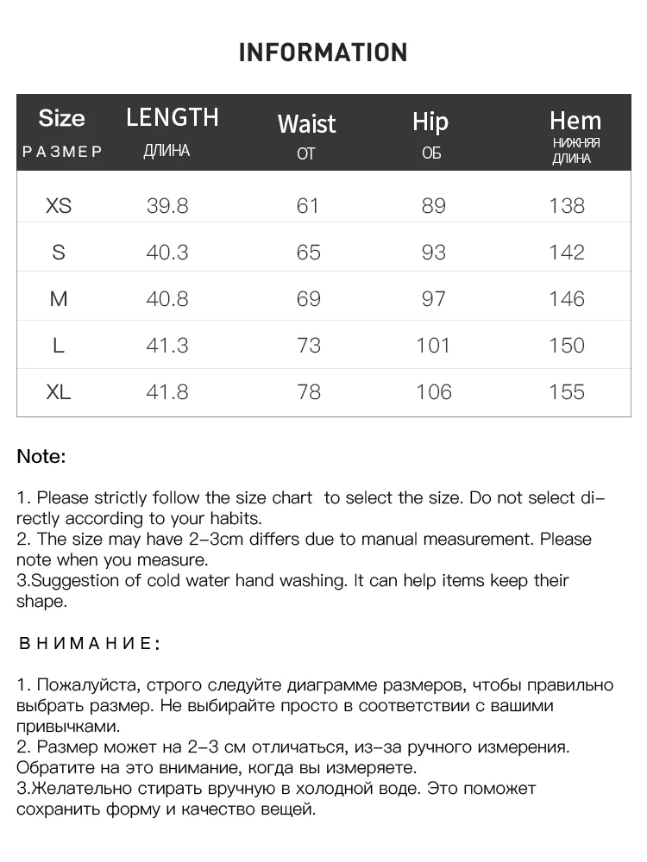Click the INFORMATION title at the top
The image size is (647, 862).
(x=323, y=53)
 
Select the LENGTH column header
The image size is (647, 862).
(x=173, y=117)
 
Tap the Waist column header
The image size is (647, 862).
(x=306, y=124)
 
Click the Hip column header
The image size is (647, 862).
(x=430, y=122)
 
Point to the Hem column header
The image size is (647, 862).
(x=575, y=121)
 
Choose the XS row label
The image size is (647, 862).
(x=59, y=206)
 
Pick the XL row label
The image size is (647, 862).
(x=59, y=392)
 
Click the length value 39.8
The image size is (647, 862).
(x=167, y=206)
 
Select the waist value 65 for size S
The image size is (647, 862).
(x=308, y=253)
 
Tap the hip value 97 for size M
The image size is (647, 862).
(x=433, y=299)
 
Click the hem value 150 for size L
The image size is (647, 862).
(x=567, y=346)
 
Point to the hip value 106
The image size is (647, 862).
(x=433, y=392)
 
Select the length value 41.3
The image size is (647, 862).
(x=167, y=346)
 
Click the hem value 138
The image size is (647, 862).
(x=567, y=206)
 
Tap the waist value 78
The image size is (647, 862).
(x=308, y=392)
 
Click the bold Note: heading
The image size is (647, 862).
(x=41, y=457)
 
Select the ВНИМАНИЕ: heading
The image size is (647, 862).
(x=89, y=644)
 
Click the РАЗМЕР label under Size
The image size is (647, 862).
(x=62, y=152)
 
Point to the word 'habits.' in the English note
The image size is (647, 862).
(x=234, y=519)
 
